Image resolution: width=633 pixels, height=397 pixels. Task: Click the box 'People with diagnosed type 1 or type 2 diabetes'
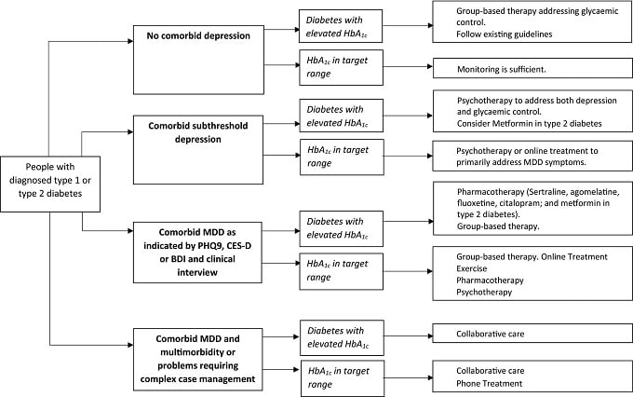click(x=50, y=184)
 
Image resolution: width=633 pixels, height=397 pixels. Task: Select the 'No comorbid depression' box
click(x=198, y=60)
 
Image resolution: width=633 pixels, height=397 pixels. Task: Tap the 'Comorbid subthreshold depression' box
click(x=198, y=150)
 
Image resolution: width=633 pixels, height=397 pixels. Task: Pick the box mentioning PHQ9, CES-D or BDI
click(x=197, y=253)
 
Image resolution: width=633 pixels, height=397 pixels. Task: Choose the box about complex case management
click(x=197, y=359)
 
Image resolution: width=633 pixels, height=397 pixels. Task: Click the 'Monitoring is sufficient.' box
click(x=532, y=68)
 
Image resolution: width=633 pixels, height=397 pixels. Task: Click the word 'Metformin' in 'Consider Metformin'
click(x=511, y=124)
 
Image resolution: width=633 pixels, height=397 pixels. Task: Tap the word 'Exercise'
click(x=472, y=268)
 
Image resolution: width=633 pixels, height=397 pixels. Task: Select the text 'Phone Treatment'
click(x=490, y=383)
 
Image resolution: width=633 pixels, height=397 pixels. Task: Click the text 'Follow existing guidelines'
click(x=505, y=34)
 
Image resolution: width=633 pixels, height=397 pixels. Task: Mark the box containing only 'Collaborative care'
click(x=532, y=333)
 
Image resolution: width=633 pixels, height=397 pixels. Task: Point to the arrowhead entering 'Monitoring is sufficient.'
click(x=430, y=66)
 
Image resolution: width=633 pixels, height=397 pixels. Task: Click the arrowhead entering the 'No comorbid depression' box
click(x=130, y=41)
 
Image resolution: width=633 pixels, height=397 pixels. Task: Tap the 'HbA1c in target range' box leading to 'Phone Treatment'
click(x=343, y=378)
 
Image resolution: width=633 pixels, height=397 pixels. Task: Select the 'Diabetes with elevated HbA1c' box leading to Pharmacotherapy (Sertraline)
click(x=341, y=228)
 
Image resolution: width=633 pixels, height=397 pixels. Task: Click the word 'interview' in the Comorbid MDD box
click(x=197, y=272)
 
